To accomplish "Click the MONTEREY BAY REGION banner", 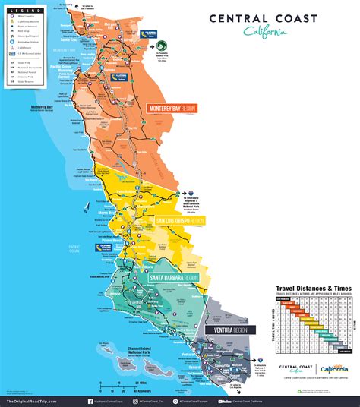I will pyautogui.click(x=171, y=109).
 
